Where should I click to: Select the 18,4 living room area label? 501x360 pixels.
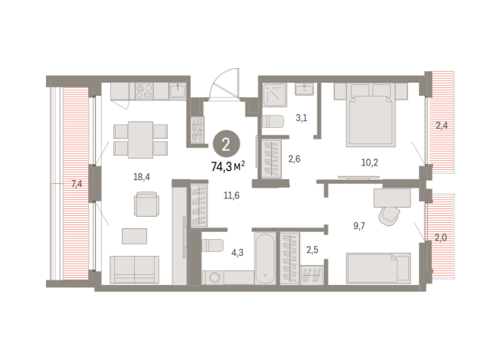coord(141,176)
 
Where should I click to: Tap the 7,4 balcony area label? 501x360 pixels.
coord(76,184)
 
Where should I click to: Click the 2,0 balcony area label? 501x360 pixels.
coord(441,237)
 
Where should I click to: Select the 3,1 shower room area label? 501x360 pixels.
coord(302,117)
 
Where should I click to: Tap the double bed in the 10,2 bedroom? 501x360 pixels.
coord(372,115)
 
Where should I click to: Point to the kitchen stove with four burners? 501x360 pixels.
coord(145,92)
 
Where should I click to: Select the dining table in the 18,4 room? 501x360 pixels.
coord(140,138)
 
